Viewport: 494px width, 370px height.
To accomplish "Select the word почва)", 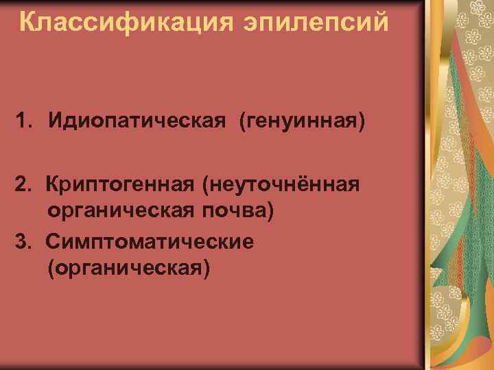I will pos(238,208).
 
